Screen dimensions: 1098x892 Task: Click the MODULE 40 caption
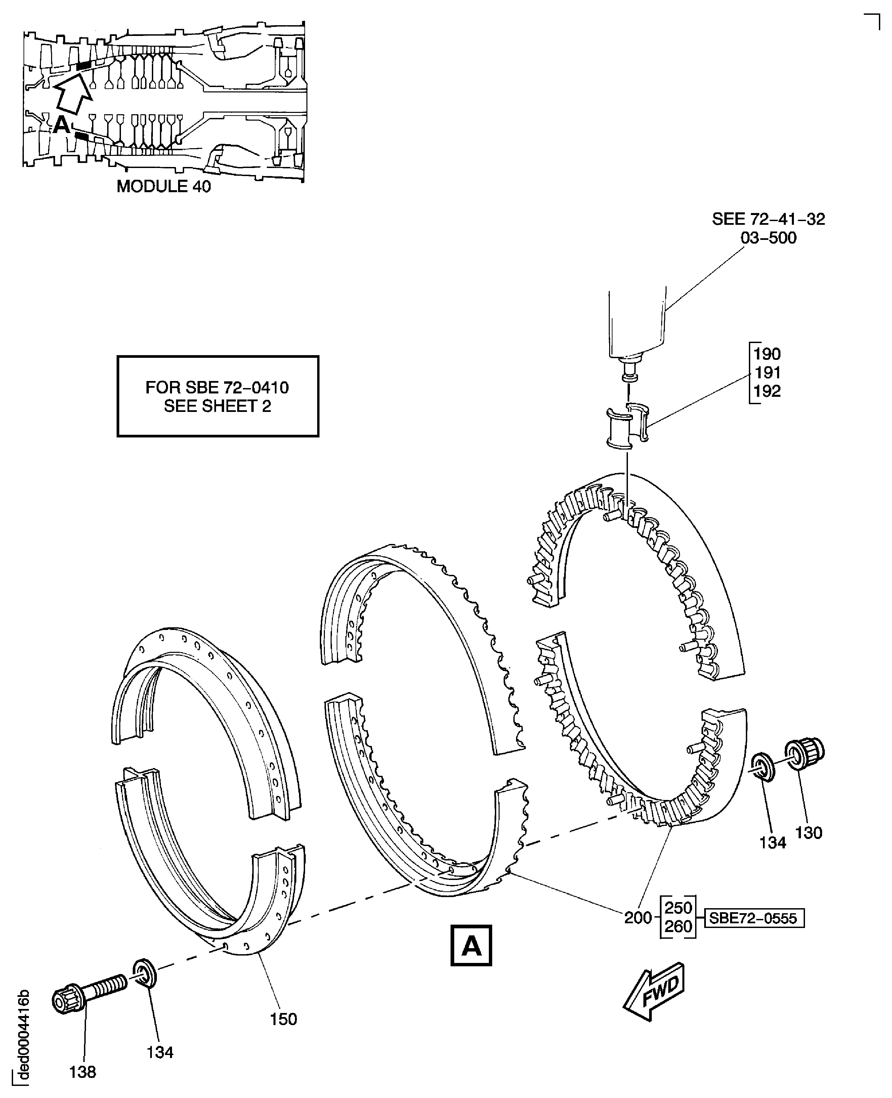[x=163, y=186]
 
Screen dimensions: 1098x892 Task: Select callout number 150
[x=283, y=1019]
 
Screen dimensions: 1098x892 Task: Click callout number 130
[x=809, y=832]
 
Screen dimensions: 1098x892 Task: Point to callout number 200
[x=638, y=918]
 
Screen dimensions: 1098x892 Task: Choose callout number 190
[x=767, y=354]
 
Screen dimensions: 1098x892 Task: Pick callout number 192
[x=767, y=391]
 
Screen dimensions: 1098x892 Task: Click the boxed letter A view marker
[x=471, y=945]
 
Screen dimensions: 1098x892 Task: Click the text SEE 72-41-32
[x=768, y=219]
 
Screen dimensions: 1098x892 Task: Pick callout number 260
[x=678, y=926]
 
